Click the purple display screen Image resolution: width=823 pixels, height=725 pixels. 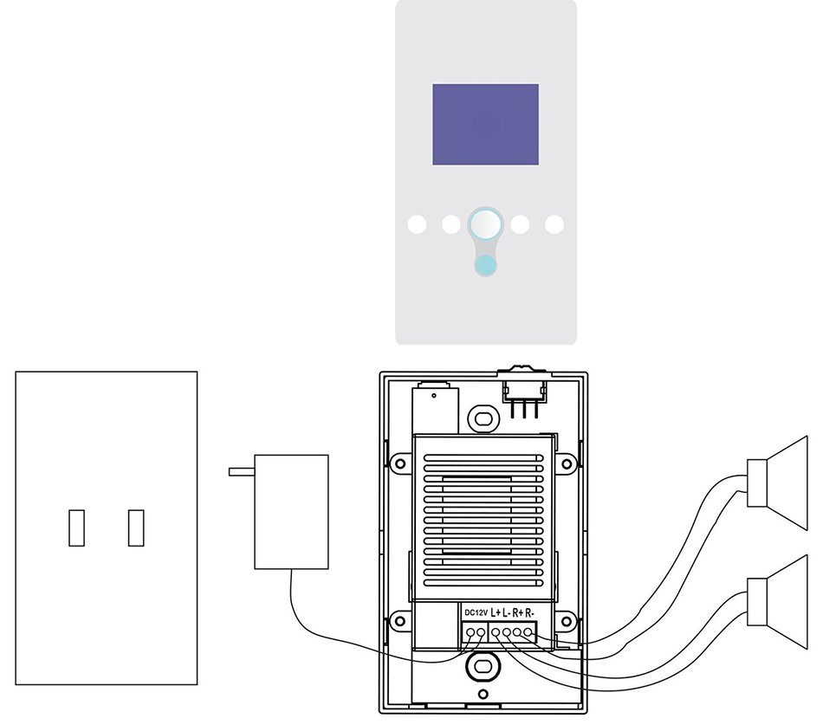point(485,125)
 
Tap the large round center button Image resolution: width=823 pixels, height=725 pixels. point(485,224)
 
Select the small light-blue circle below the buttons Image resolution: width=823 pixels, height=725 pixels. point(485,265)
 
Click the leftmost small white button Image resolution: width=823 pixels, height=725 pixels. point(418,224)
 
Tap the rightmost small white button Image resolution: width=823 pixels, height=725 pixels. point(554,224)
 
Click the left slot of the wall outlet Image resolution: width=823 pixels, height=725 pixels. point(76,528)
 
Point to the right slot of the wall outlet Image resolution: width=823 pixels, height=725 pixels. point(136,528)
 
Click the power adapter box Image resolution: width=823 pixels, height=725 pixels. point(291,512)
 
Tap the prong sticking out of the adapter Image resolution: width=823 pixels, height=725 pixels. point(242,472)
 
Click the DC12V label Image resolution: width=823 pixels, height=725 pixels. point(476,612)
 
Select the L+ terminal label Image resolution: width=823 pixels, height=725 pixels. point(496,612)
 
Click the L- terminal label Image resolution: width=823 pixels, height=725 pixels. point(507,612)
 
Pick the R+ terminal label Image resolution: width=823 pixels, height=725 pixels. point(518,612)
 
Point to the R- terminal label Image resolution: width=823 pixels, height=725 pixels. point(529,612)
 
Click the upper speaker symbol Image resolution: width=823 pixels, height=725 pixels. point(777,483)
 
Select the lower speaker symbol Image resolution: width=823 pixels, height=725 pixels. point(777,602)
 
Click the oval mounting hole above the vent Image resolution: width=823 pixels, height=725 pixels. point(482,418)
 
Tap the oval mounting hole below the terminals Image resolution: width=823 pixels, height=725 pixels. point(481,666)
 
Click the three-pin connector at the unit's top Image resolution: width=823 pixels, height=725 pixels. point(524,395)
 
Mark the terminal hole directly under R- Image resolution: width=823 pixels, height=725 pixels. point(528,632)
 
